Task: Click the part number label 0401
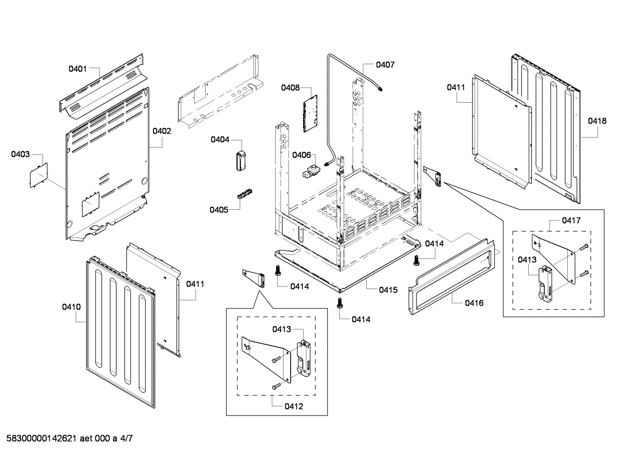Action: click(x=77, y=69)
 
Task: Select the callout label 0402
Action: click(x=161, y=131)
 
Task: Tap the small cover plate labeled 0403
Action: click(x=38, y=175)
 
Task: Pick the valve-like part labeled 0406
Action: click(x=311, y=171)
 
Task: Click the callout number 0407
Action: click(x=385, y=65)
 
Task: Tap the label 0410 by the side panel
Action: click(x=71, y=306)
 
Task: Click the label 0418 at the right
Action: click(x=597, y=121)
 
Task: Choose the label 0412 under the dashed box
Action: click(x=294, y=406)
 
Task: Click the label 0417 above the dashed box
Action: click(x=571, y=220)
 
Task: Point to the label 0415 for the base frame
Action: click(x=388, y=290)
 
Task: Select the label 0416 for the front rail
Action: click(x=474, y=303)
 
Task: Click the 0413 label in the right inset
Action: click(x=527, y=260)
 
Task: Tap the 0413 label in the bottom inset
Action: click(x=281, y=329)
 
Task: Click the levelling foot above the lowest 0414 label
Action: click(x=340, y=303)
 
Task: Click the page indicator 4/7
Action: click(x=126, y=439)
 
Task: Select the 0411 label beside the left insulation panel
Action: click(x=195, y=284)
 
